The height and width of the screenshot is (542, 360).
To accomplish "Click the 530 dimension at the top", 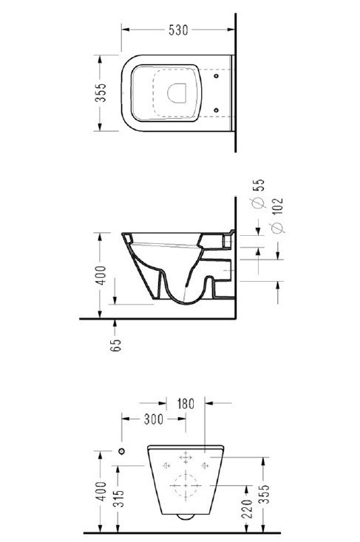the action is pyautogui.click(x=178, y=30).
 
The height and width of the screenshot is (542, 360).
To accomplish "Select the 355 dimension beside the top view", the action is pyautogui.click(x=101, y=92).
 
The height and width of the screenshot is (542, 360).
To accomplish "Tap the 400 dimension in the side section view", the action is pyautogui.click(x=101, y=275).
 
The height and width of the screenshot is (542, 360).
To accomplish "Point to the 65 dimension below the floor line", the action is pyautogui.click(x=116, y=345).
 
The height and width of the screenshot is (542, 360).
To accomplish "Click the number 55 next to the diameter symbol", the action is pyautogui.click(x=259, y=185).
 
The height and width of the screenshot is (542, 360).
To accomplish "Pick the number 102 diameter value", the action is pyautogui.click(x=277, y=206).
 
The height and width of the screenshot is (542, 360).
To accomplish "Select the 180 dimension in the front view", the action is pyautogui.click(x=186, y=404).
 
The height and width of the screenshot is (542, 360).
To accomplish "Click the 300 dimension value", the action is pyautogui.click(x=154, y=419).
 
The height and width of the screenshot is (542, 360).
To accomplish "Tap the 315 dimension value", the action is pyautogui.click(x=118, y=498).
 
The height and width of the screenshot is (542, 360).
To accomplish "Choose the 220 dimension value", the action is pyautogui.click(x=247, y=508).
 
